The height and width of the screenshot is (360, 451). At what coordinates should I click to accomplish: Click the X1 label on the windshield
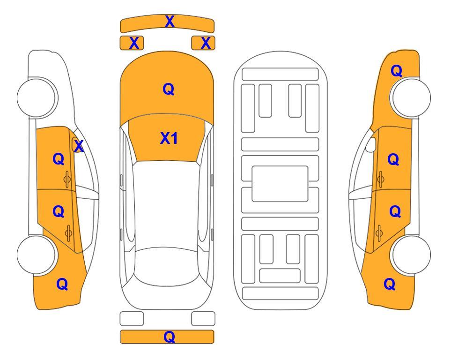coord(169,138)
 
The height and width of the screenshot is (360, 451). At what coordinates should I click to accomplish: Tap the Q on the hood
coord(168,89)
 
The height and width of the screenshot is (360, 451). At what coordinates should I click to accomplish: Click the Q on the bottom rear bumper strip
coord(169,337)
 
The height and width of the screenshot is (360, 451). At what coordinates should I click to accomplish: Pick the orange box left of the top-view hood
coord(132,43)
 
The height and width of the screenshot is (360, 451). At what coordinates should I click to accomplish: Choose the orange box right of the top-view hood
coord(203,43)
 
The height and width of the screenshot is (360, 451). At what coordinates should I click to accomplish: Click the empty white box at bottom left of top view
coord(132,319)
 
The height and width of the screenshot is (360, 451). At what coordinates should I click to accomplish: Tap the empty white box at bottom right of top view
coord(203,319)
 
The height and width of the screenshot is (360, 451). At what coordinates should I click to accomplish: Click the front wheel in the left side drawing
coord(37,97)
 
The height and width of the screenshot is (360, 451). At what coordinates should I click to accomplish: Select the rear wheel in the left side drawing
coord(37,255)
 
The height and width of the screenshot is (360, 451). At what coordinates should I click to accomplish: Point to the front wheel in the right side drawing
coord(411,97)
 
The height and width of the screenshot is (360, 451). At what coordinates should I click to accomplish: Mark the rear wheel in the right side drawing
coord(411,255)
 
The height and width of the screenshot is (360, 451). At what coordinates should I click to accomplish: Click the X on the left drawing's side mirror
coord(79,146)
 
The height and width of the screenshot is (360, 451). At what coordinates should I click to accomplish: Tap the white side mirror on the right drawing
coord(371,144)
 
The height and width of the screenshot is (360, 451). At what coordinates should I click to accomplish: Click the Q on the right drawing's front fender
coord(396,71)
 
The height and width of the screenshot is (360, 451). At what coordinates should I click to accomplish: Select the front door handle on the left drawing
coord(67,179)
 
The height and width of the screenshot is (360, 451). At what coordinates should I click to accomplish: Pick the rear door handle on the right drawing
coord(379,233)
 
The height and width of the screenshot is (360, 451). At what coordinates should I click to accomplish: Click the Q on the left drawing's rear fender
coord(62,284)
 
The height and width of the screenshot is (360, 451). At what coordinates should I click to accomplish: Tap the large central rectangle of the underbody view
coord(280,184)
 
